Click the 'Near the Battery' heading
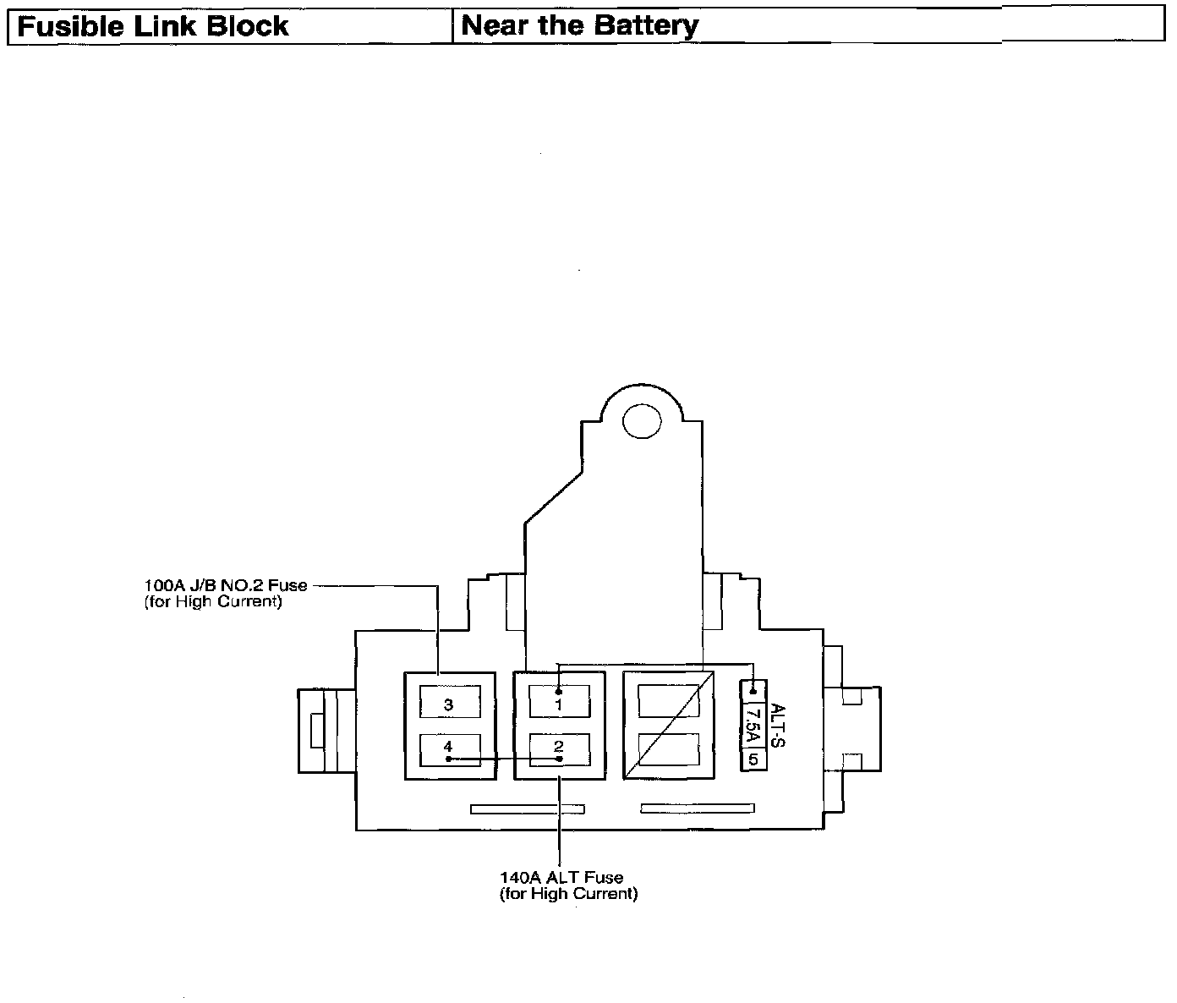580,25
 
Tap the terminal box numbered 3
449,703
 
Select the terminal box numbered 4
449,748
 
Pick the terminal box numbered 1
558,702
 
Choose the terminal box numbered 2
558,748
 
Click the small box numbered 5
753,759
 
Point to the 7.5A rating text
753,725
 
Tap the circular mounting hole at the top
642,421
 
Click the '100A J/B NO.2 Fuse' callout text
226,585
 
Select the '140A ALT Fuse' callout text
561,879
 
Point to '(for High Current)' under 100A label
213,602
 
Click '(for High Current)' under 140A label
568,894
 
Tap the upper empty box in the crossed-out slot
668,702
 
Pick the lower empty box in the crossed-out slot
668,749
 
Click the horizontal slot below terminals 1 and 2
527,809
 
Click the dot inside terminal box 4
448,759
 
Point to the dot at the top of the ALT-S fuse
753,691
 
